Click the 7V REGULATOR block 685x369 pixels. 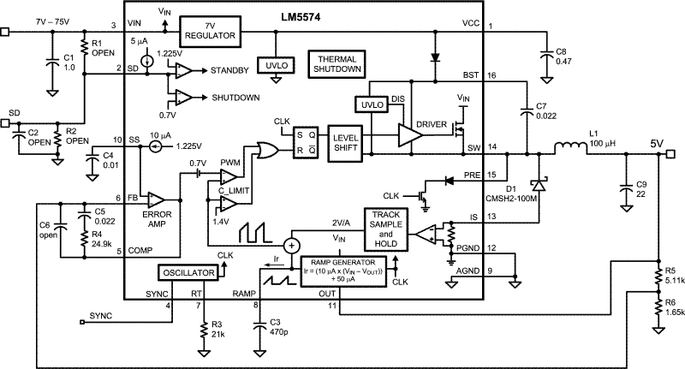pos(210,31)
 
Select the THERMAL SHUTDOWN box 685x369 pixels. pos(337,64)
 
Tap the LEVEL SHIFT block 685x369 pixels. pos(345,143)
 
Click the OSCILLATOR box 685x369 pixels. pos(188,272)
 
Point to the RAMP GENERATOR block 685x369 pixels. pos(343,271)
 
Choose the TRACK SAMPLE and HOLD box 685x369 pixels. pos(386,229)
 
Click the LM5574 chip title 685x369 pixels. pos(301,18)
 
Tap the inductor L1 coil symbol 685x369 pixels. pos(570,148)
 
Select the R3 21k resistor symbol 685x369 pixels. pos(203,330)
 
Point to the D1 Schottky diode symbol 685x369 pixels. pos(539,185)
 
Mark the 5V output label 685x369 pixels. pos(657,143)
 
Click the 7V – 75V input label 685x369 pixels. pos(53,22)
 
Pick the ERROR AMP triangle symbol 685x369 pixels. pos(157,199)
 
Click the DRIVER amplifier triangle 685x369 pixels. pos(410,134)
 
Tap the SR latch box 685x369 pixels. pos(306,143)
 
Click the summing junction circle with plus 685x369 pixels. pos(290,246)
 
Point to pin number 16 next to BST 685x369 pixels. pos(491,75)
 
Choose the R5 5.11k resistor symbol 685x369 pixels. pos(657,276)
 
